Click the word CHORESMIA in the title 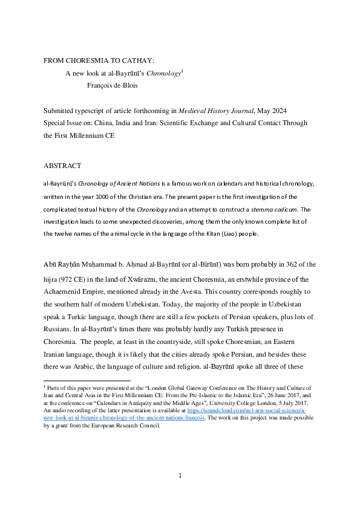(90, 61)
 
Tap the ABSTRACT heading (62, 166)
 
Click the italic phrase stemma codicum (280, 210)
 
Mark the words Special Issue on (68, 123)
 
